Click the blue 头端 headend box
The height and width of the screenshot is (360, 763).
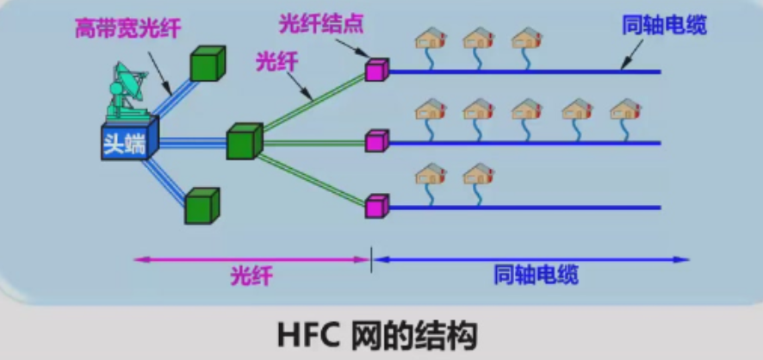(127, 142)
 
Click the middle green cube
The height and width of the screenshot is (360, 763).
(244, 142)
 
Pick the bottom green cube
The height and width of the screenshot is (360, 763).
(202, 207)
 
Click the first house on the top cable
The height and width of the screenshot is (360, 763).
(431, 39)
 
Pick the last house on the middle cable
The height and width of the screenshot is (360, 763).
(625, 109)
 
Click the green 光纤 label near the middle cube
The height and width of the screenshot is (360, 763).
(272, 60)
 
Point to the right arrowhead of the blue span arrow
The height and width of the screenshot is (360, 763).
(685, 258)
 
